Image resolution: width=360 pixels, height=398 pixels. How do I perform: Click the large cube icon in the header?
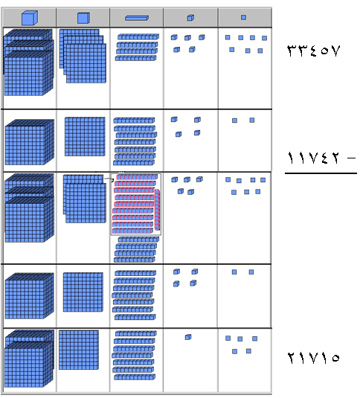(x=30, y=18)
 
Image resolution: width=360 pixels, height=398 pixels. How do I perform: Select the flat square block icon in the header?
(x=83, y=18)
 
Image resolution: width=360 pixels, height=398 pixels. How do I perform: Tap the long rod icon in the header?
(x=137, y=18)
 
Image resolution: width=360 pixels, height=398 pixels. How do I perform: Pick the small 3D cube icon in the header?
(x=190, y=18)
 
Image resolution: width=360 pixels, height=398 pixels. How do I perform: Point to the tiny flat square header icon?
(x=243, y=17)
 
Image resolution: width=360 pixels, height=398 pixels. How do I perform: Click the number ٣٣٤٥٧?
(x=313, y=51)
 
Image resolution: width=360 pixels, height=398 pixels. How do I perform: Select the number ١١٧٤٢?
(x=313, y=158)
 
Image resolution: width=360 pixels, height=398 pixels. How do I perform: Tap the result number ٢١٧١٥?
(x=313, y=358)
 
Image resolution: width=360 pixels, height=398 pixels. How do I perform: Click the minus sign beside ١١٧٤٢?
(x=352, y=158)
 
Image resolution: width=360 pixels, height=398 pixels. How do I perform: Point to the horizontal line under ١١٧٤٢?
(x=321, y=173)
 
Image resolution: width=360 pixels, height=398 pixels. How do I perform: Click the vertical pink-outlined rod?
(x=157, y=210)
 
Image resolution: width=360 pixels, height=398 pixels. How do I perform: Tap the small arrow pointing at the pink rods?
(x=109, y=179)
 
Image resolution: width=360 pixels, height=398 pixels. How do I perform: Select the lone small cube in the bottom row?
(x=188, y=337)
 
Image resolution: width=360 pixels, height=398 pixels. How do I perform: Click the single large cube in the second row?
(x=30, y=142)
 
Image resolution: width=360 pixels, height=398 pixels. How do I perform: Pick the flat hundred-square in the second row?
(x=85, y=137)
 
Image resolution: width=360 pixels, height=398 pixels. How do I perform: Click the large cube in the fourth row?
(x=30, y=296)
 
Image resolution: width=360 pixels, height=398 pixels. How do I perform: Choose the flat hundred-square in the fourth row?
(x=83, y=292)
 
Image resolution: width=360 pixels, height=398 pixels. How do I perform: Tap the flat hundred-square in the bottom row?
(x=79, y=350)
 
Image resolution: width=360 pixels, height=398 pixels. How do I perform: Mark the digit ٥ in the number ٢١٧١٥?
(x=335, y=358)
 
